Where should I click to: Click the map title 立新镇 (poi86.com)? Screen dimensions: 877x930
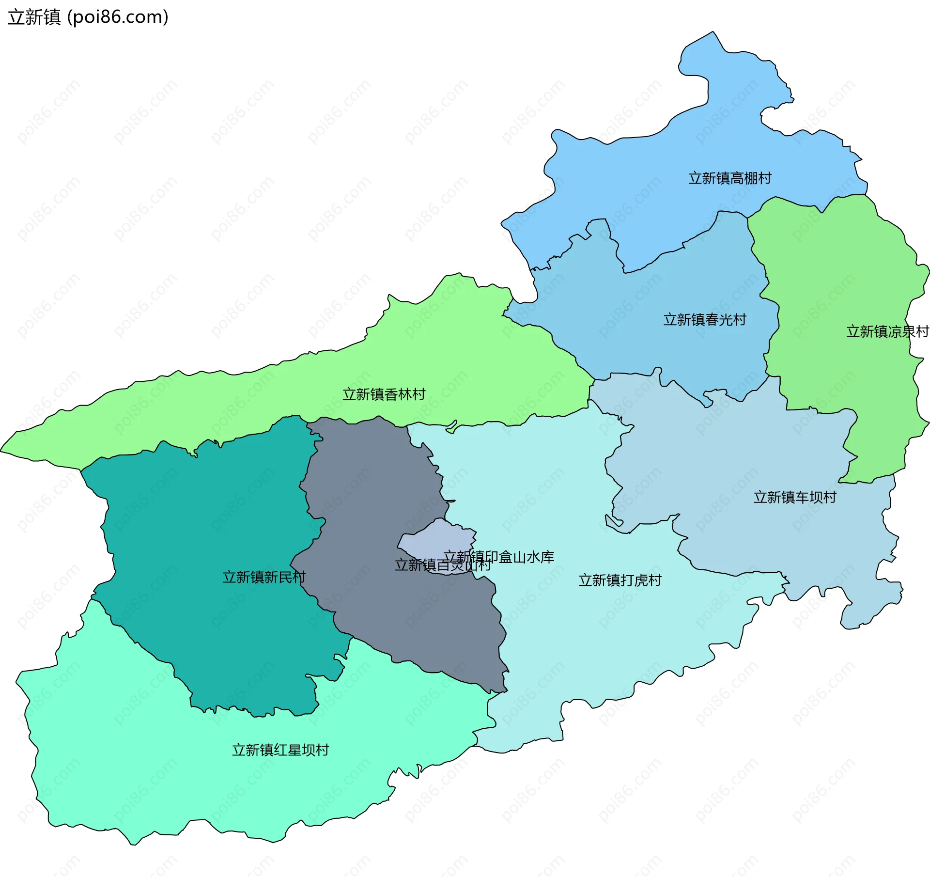click(88, 17)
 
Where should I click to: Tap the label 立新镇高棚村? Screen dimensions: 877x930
click(729, 178)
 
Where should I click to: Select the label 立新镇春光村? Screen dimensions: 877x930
click(704, 320)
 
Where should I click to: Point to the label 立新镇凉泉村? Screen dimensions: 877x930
click(887, 331)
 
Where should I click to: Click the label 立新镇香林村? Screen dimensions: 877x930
click(384, 394)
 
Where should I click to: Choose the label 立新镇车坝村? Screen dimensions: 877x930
click(794, 497)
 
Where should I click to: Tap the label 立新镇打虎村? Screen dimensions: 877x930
click(620, 580)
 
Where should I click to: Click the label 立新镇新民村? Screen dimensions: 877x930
click(263, 577)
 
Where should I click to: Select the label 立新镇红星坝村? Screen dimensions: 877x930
click(280, 750)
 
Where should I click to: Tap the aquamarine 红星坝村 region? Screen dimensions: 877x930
click(145, 775)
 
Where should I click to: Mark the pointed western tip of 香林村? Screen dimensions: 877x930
click(3, 450)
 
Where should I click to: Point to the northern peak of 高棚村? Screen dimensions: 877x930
click(712, 33)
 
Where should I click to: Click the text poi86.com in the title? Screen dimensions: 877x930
click(118, 17)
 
